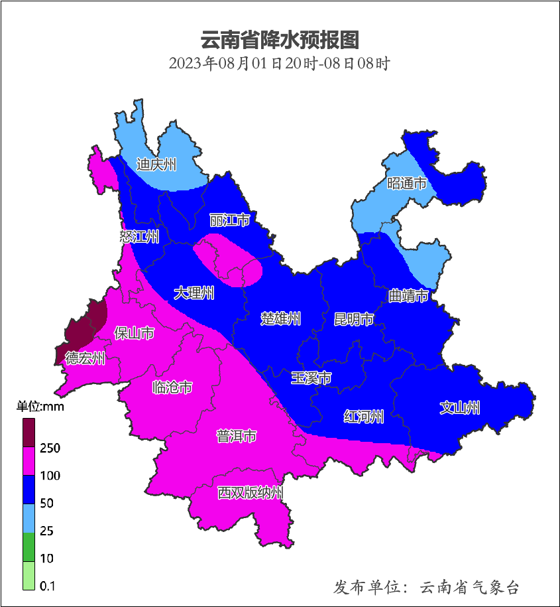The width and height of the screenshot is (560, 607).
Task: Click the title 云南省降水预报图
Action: pyautogui.click(x=279, y=40)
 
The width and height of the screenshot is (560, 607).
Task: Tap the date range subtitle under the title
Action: pyautogui.click(x=279, y=64)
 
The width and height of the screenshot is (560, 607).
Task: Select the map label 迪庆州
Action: pyautogui.click(x=156, y=165)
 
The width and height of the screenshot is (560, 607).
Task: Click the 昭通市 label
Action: pyautogui.click(x=406, y=183)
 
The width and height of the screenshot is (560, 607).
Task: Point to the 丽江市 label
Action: pyautogui.click(x=229, y=220)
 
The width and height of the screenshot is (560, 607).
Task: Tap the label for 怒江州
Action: pyautogui.click(x=140, y=237)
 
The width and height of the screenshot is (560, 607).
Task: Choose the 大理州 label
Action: pyautogui.click(x=194, y=293)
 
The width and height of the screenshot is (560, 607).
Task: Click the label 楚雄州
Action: pyautogui.click(x=280, y=319)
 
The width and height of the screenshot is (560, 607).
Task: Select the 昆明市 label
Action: pyautogui.click(x=353, y=319)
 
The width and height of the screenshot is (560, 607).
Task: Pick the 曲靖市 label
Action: pyautogui.click(x=408, y=295)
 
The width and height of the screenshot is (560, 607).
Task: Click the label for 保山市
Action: pyautogui.click(x=135, y=333)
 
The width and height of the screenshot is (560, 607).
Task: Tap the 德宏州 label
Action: pyautogui.click(x=85, y=359)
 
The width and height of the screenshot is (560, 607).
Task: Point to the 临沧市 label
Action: pyautogui.click(x=172, y=387)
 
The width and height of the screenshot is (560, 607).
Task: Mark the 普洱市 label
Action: pyautogui.click(x=237, y=436)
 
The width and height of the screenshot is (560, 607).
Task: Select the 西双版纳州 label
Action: pyautogui.click(x=251, y=493)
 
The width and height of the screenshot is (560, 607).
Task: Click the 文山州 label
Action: pyautogui.click(x=460, y=408)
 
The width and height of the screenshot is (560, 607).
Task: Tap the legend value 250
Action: pyautogui.click(x=50, y=448)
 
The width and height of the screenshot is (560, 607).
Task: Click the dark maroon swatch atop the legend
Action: pyautogui.click(x=28, y=432)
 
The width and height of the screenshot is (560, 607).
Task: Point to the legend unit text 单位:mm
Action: pyautogui.click(x=40, y=407)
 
